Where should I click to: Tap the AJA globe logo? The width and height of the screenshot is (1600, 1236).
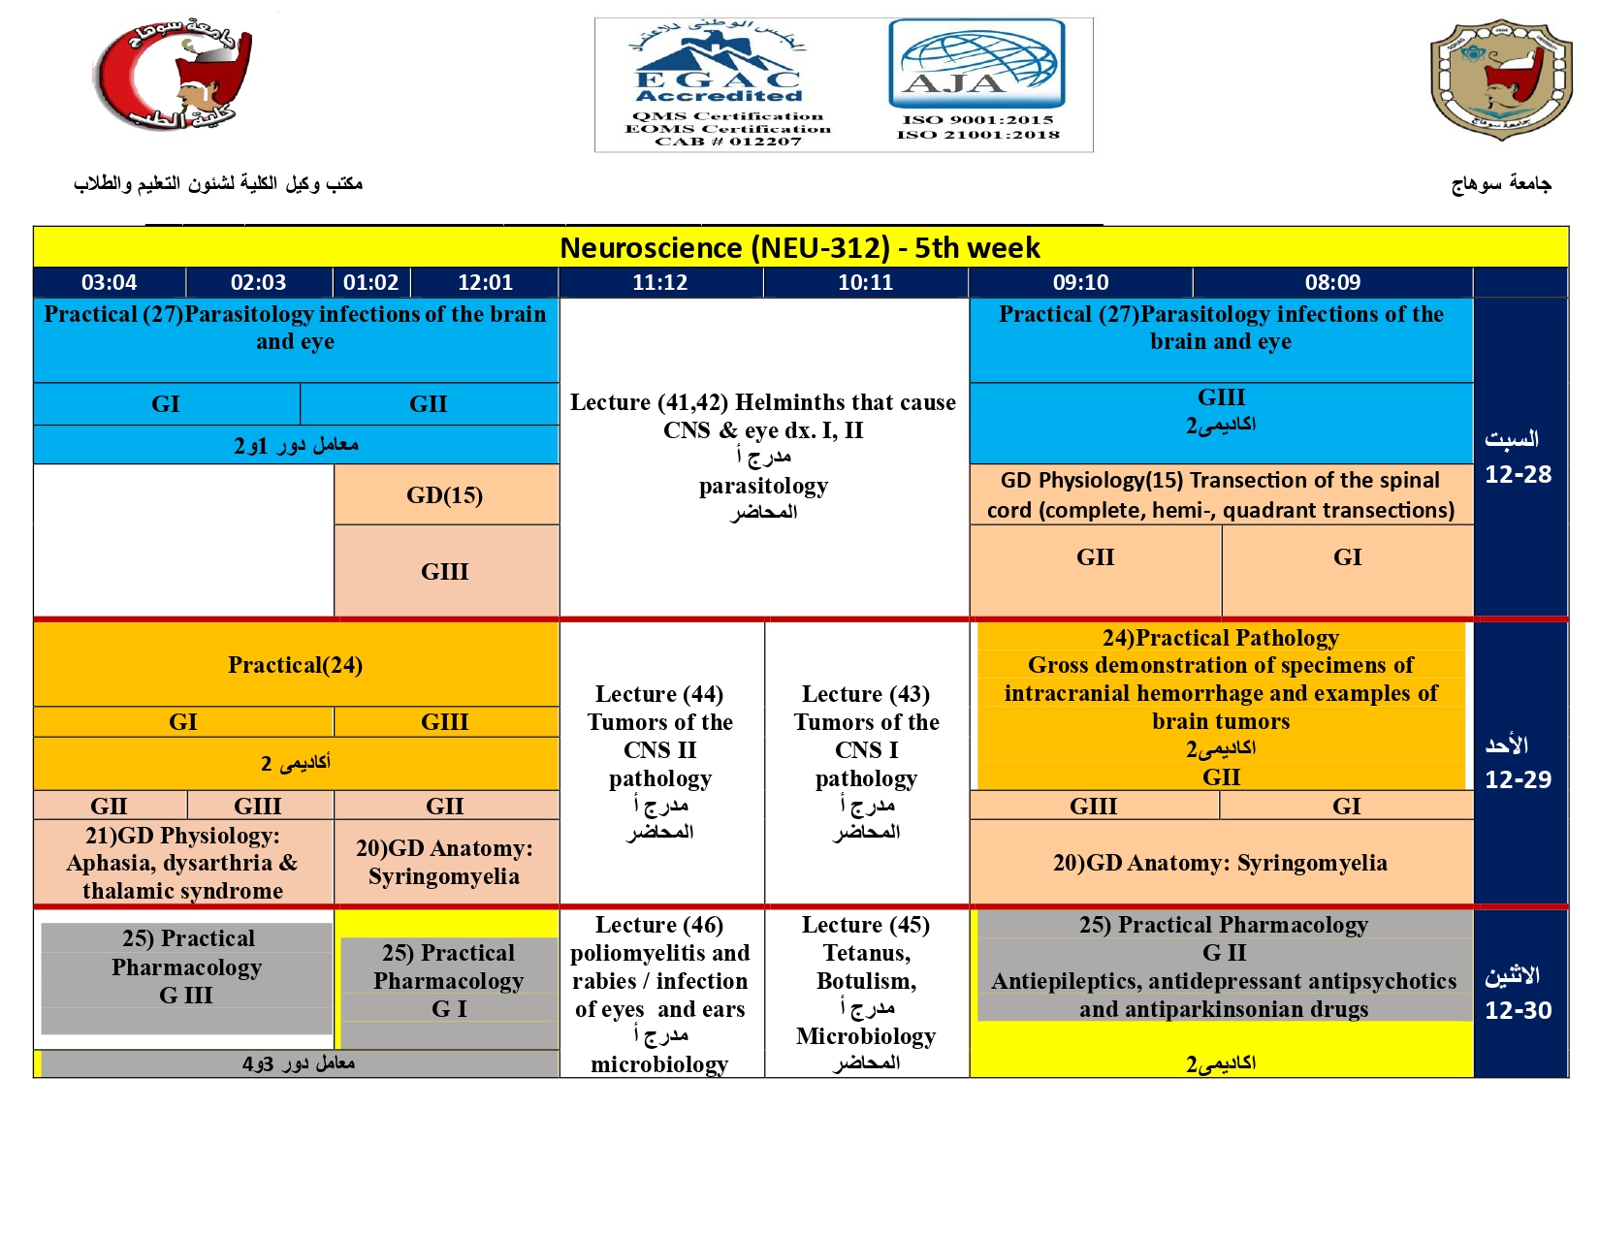point(976,64)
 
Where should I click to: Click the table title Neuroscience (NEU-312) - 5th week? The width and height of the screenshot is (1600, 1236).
point(800,248)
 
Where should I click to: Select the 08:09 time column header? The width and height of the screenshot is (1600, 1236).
point(1332,283)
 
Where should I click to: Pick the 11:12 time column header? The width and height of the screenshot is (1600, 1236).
point(659,283)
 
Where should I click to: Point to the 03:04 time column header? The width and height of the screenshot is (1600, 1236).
point(109,283)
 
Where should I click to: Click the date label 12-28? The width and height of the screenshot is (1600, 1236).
point(1518,475)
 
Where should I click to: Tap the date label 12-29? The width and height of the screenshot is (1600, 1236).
point(1518,780)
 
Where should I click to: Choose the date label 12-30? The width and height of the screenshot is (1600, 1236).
point(1518,1010)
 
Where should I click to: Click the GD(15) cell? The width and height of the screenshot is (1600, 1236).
point(445,495)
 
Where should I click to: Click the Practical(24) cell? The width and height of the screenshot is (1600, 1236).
point(295,665)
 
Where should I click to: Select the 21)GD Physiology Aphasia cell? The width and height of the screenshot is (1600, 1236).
point(183,863)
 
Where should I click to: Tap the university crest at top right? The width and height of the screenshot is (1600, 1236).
point(1500,79)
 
